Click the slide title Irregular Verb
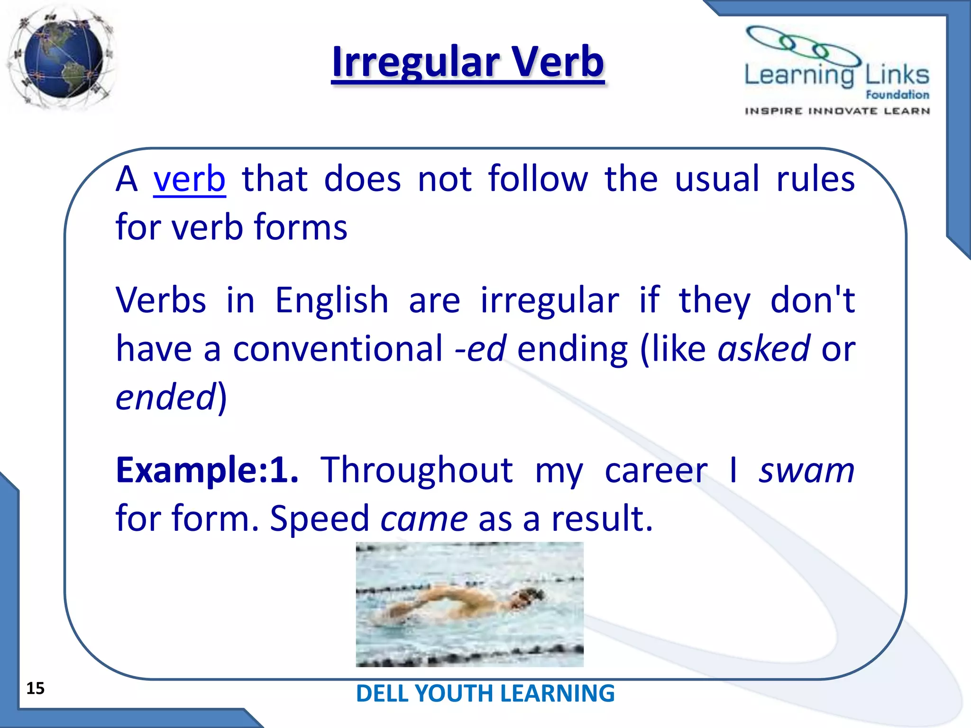pos(467,62)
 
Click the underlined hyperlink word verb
pos(189,179)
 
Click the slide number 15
pos(35,688)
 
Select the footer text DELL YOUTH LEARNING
pos(485,693)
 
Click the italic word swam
pos(806,470)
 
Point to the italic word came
pos(424,519)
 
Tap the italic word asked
pos(763,348)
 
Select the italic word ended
pos(166,397)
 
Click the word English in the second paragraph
pos(331,300)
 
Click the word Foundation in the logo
pos(897,95)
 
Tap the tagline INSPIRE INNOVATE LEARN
pos(837,111)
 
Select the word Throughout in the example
pos(416,470)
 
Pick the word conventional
pos(338,348)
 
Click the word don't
pos(812,300)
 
